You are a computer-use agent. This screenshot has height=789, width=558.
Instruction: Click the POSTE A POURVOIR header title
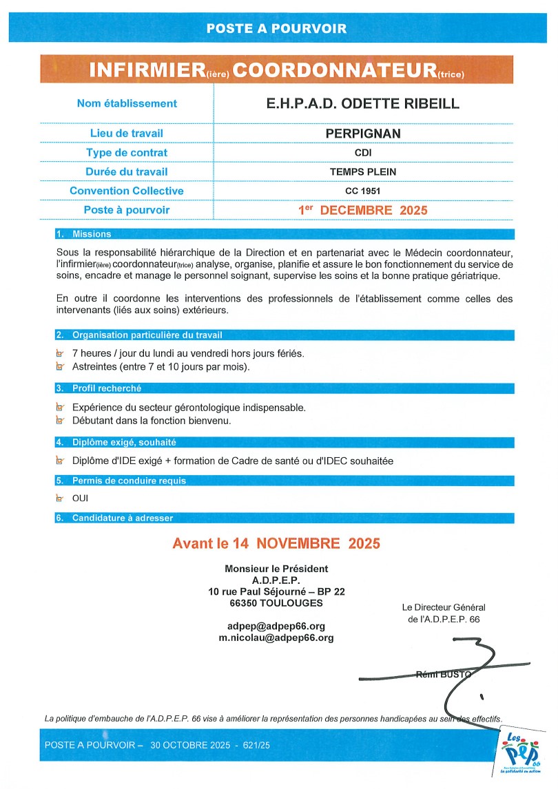tap(276, 29)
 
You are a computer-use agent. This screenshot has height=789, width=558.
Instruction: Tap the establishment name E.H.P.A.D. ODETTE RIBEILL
tap(362, 103)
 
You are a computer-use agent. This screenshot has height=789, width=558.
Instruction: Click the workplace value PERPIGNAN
tap(362, 133)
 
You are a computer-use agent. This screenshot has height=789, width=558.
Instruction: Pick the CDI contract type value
tap(362, 153)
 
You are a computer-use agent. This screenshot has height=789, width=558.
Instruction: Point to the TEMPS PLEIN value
tap(362, 172)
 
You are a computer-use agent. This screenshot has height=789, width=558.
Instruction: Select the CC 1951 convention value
tap(362, 191)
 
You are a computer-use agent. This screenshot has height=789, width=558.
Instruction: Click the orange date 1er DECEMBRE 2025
tap(362, 210)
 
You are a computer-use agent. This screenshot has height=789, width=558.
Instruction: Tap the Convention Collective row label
tap(127, 191)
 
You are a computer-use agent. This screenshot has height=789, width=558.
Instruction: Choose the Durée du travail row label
tap(127, 172)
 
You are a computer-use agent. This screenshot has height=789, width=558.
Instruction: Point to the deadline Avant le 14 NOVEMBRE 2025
tap(276, 543)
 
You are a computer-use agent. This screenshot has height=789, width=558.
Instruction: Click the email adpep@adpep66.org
tap(276, 626)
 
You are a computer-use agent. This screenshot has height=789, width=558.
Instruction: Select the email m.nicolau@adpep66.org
tap(276, 638)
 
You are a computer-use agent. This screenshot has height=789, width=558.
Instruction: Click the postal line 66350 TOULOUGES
tap(276, 602)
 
